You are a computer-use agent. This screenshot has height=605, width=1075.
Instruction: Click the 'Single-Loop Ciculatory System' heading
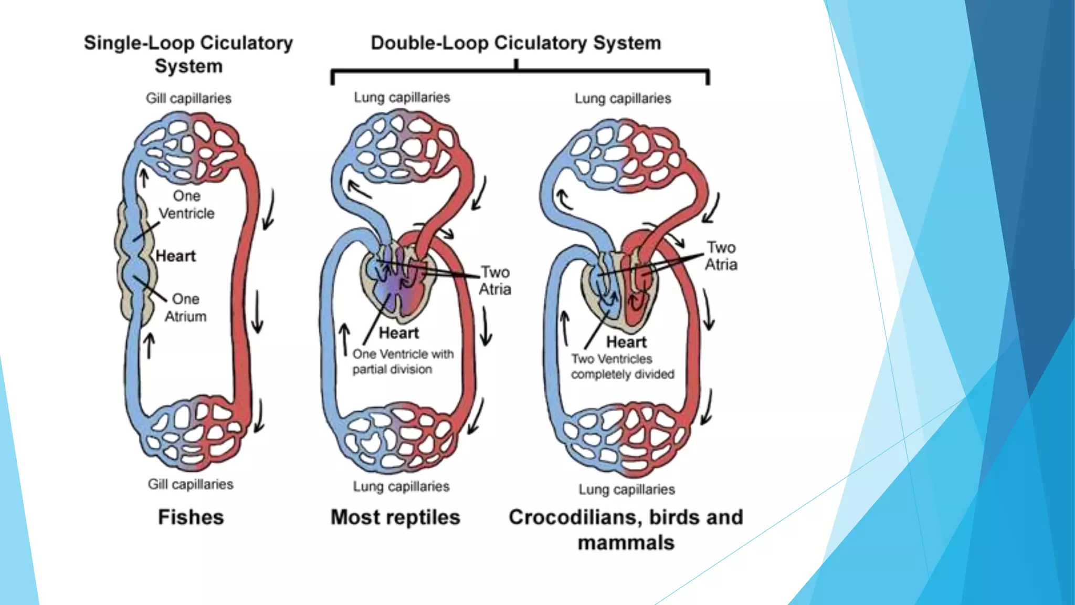(x=188, y=54)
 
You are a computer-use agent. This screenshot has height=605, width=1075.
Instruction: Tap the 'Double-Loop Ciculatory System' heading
(x=515, y=43)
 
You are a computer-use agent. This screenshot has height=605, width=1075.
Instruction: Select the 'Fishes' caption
(x=191, y=517)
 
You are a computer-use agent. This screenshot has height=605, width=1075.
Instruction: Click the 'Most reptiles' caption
(x=395, y=517)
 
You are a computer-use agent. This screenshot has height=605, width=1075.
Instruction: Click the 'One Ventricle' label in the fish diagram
(x=186, y=205)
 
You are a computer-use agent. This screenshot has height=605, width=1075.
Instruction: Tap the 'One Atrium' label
(x=185, y=308)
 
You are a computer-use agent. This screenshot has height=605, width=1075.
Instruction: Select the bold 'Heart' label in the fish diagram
(x=175, y=256)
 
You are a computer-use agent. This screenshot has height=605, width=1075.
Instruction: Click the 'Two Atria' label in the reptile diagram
(x=494, y=280)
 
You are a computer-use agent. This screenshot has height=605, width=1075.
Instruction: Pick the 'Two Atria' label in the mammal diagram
(x=721, y=256)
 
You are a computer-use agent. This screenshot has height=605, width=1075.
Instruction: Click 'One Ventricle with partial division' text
(x=403, y=361)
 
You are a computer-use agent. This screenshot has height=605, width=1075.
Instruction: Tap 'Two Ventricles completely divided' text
(x=622, y=367)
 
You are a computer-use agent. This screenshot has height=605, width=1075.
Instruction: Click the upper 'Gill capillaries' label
(x=188, y=98)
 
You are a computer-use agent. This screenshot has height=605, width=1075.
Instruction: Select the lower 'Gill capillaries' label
(x=191, y=484)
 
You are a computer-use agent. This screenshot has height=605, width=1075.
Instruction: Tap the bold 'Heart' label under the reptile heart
(x=399, y=333)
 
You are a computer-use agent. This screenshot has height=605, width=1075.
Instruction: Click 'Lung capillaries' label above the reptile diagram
(x=402, y=98)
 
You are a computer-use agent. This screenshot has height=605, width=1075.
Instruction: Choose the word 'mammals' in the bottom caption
(x=626, y=543)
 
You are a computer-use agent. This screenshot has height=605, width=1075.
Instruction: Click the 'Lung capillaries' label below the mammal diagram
(x=627, y=489)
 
